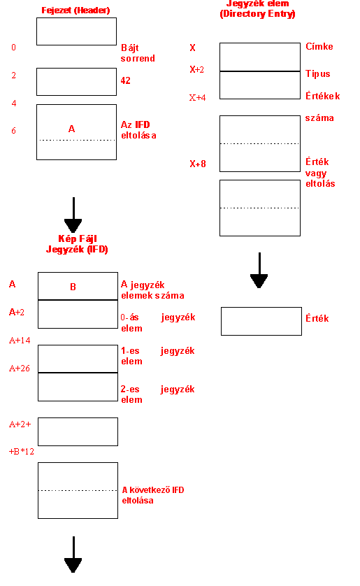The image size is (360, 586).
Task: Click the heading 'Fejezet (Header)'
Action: pyautogui.click(x=75, y=10)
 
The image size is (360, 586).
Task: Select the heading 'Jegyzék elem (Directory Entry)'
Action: pyautogui.click(x=258, y=8)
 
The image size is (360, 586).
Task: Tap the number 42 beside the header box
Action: pyautogui.click(x=126, y=80)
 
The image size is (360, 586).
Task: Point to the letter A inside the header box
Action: pyautogui.click(x=72, y=129)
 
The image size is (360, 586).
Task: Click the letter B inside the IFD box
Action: pyautogui.click(x=73, y=287)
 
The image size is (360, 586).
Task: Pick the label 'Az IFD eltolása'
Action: pyautogui.click(x=138, y=129)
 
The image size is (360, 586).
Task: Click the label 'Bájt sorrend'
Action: pyautogui.click(x=138, y=53)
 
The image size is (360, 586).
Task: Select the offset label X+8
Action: pyautogui.click(x=198, y=164)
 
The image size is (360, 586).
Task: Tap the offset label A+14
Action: pyautogui.click(x=20, y=340)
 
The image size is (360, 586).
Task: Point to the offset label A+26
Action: pyautogui.click(x=20, y=368)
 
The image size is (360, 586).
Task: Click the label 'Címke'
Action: pyautogui.click(x=319, y=46)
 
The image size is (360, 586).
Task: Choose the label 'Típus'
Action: pyautogui.click(x=318, y=73)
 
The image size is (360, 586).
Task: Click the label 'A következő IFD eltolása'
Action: pyautogui.click(x=153, y=495)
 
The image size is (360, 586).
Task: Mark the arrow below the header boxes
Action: pyautogui.click(x=73, y=215)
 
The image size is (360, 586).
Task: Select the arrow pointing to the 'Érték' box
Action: pyautogui.click(x=259, y=270)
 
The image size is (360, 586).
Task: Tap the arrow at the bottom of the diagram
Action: pyautogui.click(x=73, y=555)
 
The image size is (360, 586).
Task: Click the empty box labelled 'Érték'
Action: pyautogui.click(x=261, y=322)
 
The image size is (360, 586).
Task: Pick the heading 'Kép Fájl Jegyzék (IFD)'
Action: pyautogui.click(x=77, y=244)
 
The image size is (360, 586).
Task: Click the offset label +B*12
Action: pyautogui.click(x=21, y=452)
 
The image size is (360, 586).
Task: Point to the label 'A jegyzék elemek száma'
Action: pyautogui.click(x=152, y=290)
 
